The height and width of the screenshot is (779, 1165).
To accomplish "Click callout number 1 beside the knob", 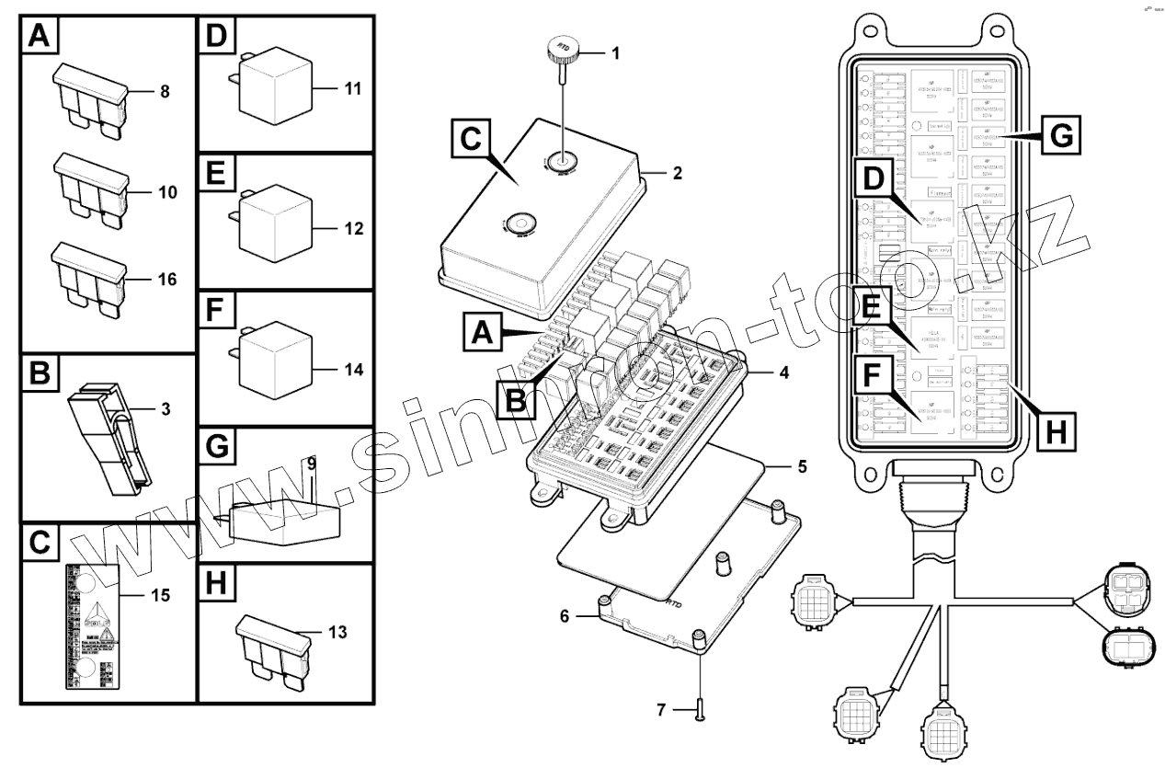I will (x=615, y=53).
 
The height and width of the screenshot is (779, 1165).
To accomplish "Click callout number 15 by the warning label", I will (x=160, y=595).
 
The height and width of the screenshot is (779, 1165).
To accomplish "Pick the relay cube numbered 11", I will (x=274, y=90).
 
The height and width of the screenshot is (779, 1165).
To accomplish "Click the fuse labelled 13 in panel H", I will (x=272, y=650).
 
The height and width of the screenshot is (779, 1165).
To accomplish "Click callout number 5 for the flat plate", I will (x=802, y=467).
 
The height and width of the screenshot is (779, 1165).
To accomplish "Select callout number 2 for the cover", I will (x=678, y=171).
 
